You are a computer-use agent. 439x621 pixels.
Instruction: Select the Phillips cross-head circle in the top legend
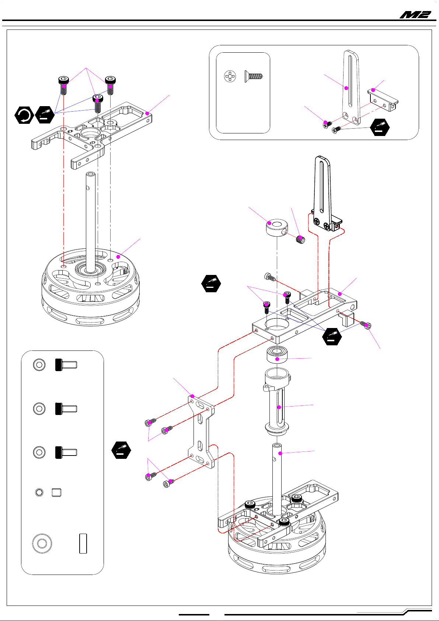pyautogui.click(x=230, y=77)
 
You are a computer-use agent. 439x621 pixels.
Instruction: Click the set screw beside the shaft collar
pyautogui.click(x=300, y=240)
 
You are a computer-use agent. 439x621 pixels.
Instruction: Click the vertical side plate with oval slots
pyautogui.click(x=201, y=431)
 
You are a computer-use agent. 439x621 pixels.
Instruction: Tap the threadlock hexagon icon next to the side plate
pyautogui.click(x=121, y=450)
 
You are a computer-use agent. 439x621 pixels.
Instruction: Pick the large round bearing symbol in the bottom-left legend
pyautogui.click(x=42, y=543)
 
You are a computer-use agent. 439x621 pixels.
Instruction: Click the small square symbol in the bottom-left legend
pyautogui.click(x=56, y=492)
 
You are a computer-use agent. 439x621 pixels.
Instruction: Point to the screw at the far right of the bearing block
pyautogui.click(x=366, y=325)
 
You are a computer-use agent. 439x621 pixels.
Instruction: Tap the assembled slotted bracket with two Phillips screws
pyautogui.click(x=324, y=199)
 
